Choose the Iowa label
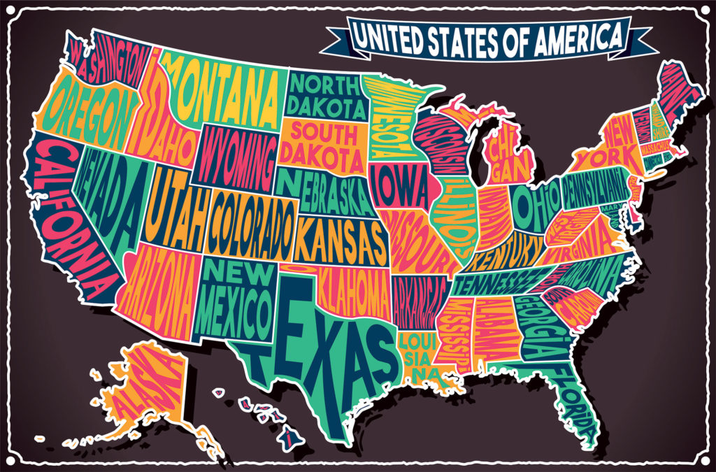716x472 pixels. pos(401,187)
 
